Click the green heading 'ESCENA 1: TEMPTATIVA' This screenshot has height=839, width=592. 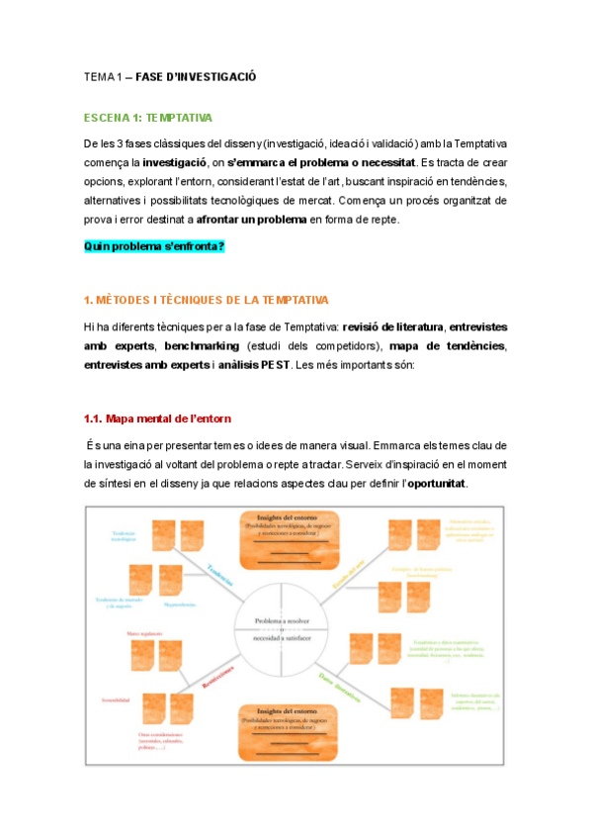[147, 118]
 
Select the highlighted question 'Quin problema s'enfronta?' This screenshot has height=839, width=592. [154, 245]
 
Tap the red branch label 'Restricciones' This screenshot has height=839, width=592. [217, 678]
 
